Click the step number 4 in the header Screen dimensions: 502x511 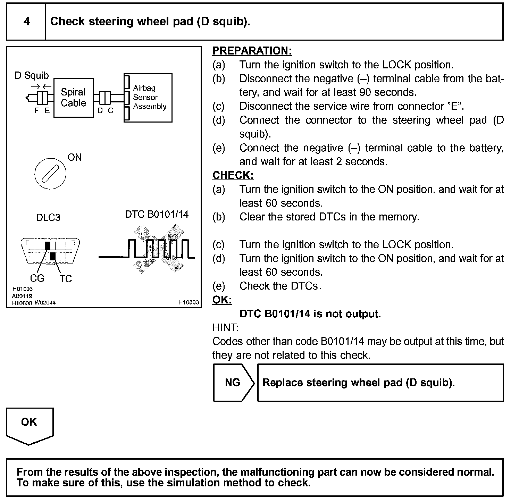click(26, 22)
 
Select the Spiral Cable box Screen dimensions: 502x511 click(73, 98)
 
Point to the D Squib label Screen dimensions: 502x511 click(32, 76)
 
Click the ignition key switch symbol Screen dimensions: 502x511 click(50, 173)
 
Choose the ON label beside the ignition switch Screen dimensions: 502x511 click(75, 157)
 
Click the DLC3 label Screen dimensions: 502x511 click(48, 218)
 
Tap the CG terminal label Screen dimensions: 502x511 click(37, 278)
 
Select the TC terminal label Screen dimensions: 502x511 click(65, 278)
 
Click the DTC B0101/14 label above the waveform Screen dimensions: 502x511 click(157, 214)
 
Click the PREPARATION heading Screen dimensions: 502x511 click(252, 51)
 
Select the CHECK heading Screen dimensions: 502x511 click(233, 175)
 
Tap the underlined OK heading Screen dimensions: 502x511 click(221, 300)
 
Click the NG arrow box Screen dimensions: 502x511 click(233, 383)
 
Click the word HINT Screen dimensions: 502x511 click(225, 327)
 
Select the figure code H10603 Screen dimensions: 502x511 click(189, 302)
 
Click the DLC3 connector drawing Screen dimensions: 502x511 click(50, 251)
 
